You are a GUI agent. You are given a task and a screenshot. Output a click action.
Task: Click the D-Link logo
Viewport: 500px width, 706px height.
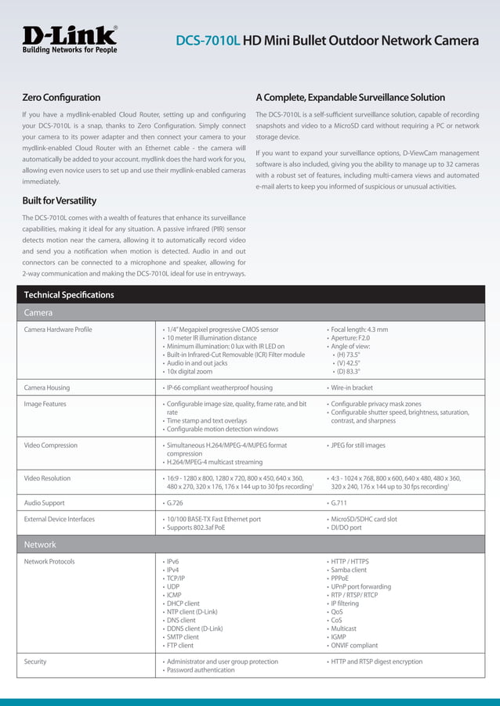point(70,38)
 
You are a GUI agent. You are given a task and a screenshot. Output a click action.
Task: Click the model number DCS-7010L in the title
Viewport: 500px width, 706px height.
point(208,41)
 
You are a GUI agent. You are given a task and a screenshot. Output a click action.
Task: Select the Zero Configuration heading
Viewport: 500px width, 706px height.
point(61,98)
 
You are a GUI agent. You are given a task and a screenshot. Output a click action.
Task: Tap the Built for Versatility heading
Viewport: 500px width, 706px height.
point(60,200)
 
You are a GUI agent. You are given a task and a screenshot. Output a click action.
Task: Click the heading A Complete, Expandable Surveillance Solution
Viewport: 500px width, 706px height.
point(350,98)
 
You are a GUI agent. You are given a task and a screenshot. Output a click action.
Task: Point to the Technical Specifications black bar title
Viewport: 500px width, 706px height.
point(69,295)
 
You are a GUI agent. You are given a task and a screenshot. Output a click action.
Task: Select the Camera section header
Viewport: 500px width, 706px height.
point(38,313)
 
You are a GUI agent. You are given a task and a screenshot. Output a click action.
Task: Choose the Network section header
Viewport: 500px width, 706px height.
point(40,544)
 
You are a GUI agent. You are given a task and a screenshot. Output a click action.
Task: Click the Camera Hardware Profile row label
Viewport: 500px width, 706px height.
point(58,330)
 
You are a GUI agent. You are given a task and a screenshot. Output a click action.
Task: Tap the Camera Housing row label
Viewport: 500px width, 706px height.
point(47,387)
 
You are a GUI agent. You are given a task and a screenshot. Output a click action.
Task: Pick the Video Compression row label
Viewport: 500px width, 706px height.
point(51,445)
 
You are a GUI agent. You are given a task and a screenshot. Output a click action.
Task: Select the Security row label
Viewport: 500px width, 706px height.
point(35,661)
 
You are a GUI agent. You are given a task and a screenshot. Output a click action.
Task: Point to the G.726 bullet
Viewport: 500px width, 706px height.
point(175,503)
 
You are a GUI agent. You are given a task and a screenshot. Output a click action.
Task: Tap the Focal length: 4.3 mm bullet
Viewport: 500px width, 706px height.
point(359,330)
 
